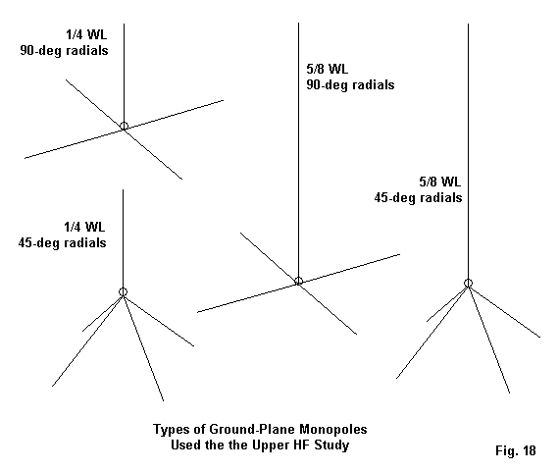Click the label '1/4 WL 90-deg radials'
(x=64, y=43)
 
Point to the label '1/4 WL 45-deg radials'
(x=63, y=235)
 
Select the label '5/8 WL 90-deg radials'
(x=350, y=78)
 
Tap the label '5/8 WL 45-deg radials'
(x=418, y=189)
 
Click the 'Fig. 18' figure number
(x=516, y=450)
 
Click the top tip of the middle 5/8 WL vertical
(x=298, y=24)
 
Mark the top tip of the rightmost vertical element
(x=468, y=24)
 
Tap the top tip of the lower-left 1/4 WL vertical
(x=123, y=189)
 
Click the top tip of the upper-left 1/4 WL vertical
(x=125, y=24)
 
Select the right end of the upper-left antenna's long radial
(x=224, y=100)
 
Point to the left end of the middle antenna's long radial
(x=197, y=313)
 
